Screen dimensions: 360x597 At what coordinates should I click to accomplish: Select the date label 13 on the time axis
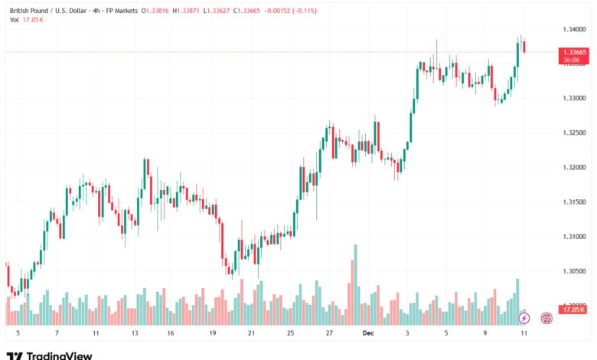[x=135, y=334]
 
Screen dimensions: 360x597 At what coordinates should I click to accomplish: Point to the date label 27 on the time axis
[x=328, y=334]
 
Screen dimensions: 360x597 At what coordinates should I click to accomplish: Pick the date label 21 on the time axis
[x=251, y=334]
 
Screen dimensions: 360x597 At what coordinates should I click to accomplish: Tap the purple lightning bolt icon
[x=524, y=317]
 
